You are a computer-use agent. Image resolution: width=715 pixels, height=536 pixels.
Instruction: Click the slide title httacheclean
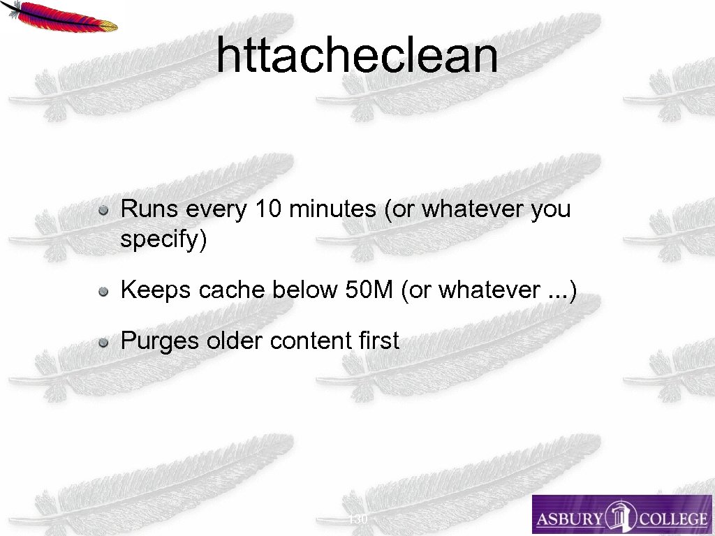(357, 55)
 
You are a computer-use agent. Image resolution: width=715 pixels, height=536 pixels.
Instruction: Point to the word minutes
(332, 209)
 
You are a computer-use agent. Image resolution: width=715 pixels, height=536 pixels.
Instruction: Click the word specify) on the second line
(163, 239)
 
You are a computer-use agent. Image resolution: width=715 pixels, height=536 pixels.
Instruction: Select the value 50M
(369, 290)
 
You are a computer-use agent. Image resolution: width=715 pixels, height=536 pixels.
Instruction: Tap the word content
(311, 341)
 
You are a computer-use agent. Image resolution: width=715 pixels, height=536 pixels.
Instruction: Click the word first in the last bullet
(378, 341)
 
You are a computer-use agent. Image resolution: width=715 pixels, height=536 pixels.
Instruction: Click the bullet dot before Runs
(103, 209)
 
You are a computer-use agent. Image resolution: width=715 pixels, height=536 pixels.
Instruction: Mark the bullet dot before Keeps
(103, 290)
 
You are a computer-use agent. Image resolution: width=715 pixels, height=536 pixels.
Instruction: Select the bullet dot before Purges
(103, 342)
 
